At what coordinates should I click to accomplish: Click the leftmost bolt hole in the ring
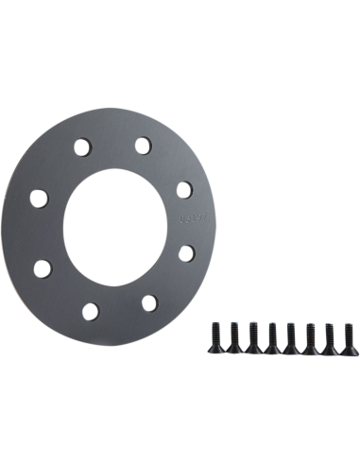(x=38, y=198)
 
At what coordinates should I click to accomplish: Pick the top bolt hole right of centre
(x=143, y=145)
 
